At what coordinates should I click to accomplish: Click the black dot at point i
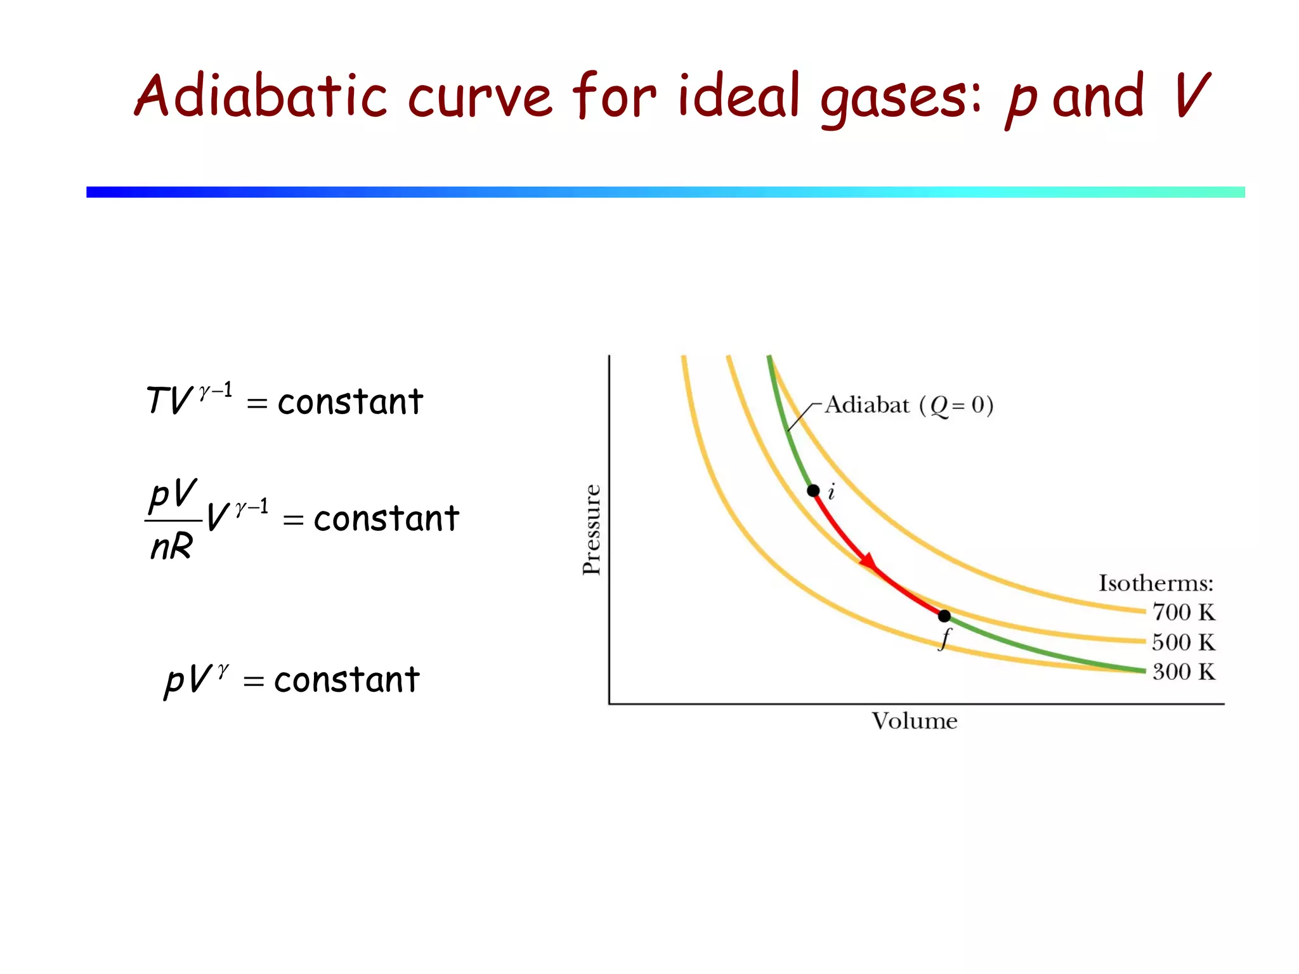point(813,490)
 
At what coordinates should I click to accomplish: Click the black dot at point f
point(944,616)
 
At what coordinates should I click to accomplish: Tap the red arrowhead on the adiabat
point(868,561)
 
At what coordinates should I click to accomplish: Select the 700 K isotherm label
point(1184,612)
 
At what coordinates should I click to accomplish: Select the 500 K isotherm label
point(1184,642)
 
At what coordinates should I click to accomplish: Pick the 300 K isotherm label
point(1184,672)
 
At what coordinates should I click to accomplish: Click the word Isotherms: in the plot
point(1156,583)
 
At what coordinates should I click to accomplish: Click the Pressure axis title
point(591,529)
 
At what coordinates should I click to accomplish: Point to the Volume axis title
point(914,721)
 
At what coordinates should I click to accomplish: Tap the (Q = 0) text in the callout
point(956,405)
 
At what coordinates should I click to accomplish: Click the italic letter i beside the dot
point(832,491)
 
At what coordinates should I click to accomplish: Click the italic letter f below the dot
point(946,639)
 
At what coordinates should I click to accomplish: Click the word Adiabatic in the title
point(261,96)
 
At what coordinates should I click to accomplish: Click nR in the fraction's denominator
point(171,546)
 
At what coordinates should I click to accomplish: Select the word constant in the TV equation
point(350,402)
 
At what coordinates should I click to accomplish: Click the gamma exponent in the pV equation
point(223,671)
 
